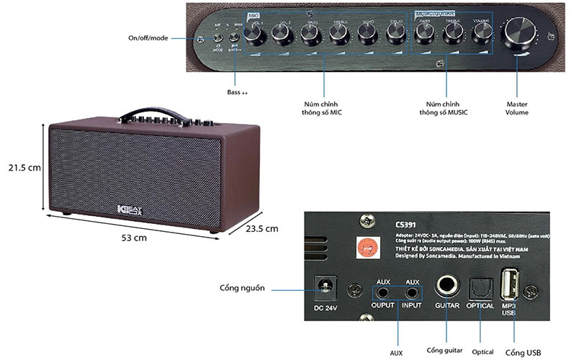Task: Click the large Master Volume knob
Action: click(x=523, y=33)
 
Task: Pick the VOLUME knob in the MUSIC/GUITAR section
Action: click(x=482, y=33)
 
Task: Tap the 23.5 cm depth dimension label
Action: click(x=260, y=229)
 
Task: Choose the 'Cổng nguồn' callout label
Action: click(x=243, y=289)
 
